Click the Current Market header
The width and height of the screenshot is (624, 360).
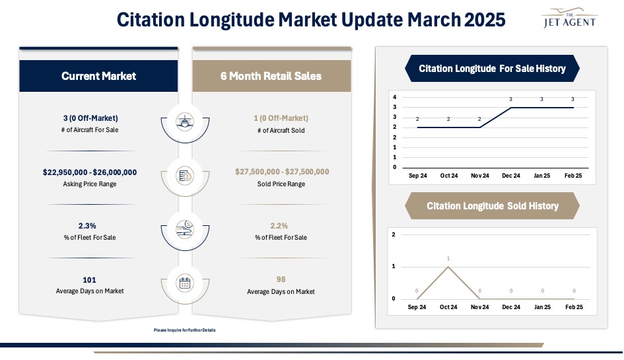(98, 76)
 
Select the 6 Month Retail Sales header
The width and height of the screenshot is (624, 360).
(271, 76)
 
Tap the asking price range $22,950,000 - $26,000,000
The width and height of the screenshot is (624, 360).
(90, 172)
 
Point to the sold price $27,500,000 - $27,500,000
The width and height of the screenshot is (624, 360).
(281, 172)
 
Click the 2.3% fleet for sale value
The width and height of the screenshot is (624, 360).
(88, 226)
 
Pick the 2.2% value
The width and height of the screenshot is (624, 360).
(279, 226)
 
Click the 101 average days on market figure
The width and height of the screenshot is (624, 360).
(90, 280)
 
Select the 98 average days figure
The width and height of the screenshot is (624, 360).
(280, 280)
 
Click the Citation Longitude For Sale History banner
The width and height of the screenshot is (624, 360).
(492, 69)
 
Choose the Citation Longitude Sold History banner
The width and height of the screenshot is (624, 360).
(492, 206)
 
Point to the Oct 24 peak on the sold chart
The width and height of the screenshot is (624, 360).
(448, 266)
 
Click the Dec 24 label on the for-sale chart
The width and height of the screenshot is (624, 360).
(511, 176)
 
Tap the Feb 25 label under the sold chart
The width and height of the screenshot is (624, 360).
(574, 307)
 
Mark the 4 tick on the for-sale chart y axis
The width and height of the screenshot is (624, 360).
(394, 96)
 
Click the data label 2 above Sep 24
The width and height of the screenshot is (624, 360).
(417, 119)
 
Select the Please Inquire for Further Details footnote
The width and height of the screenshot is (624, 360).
(185, 330)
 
